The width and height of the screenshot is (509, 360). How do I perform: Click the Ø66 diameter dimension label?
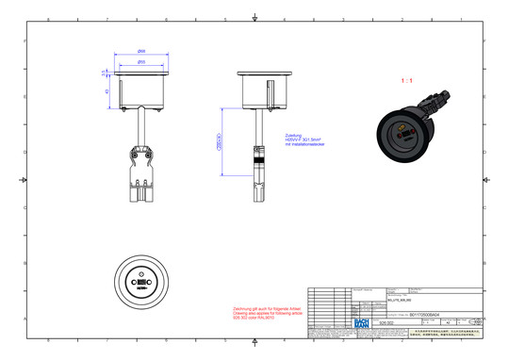click(140, 50)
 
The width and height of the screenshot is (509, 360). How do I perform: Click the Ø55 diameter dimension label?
click(140, 62)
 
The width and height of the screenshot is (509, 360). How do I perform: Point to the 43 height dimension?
click(107, 91)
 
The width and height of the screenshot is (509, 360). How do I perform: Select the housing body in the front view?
click(141, 91)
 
